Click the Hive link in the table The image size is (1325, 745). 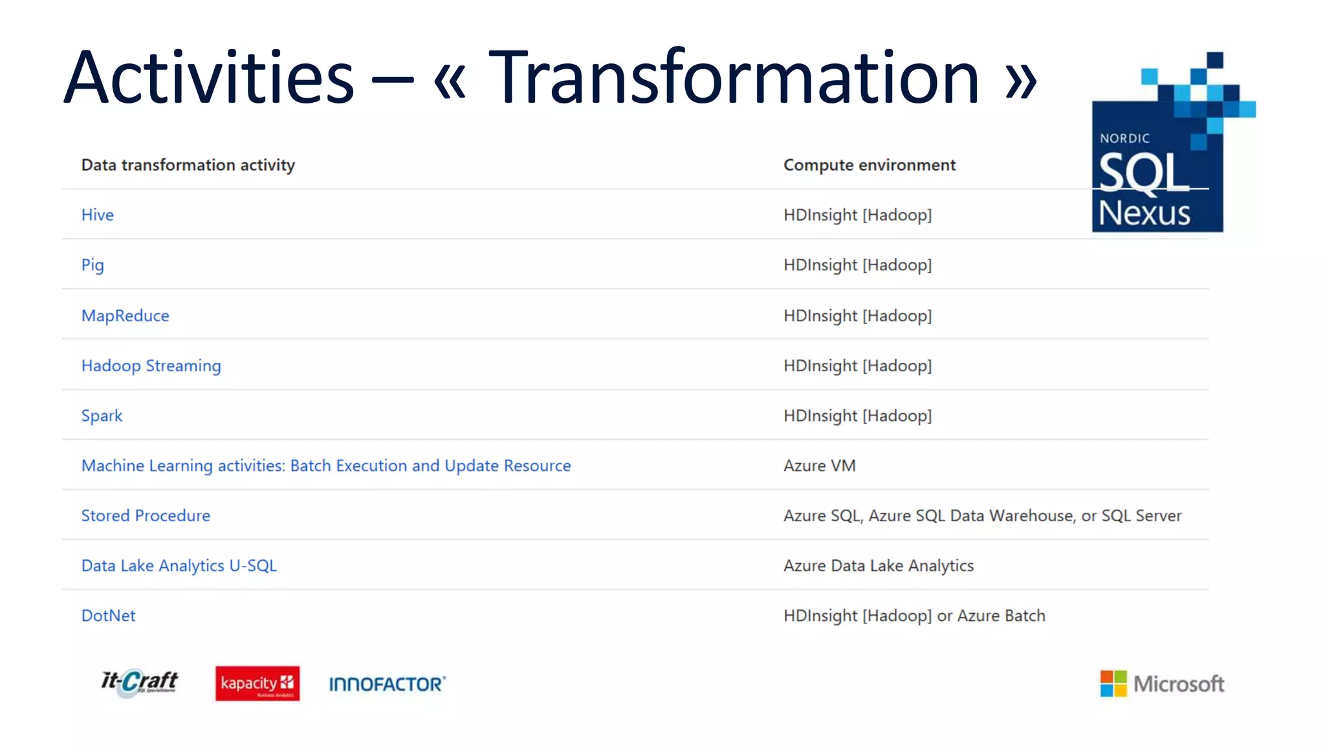(97, 215)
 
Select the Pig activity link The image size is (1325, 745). (93, 265)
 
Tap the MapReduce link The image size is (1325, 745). (125, 316)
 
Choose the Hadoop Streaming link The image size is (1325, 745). (151, 366)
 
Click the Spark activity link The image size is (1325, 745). (102, 416)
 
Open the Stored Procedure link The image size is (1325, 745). (146, 516)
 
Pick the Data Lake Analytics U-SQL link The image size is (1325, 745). (179, 566)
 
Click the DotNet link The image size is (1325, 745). (108, 616)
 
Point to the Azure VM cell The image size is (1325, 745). (819, 466)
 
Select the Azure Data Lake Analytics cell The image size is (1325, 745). (878, 566)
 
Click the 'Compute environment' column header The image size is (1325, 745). (869, 165)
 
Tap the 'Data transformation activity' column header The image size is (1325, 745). (188, 165)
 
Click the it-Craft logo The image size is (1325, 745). (139, 683)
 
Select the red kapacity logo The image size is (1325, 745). (257, 684)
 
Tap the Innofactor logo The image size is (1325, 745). (387, 684)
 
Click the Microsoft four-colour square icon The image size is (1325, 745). (1113, 684)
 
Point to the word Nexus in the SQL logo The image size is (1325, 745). (1144, 213)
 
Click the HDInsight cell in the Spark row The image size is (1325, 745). (857, 416)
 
